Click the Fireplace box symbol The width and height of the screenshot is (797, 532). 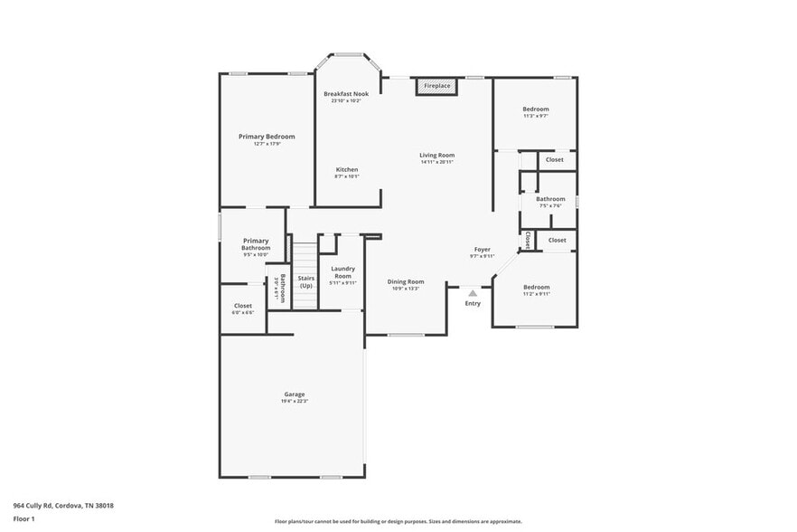pos(437,86)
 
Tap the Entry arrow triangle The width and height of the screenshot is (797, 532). pos(473,292)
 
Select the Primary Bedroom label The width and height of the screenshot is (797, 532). pos(267,137)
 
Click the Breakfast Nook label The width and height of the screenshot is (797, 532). pos(346,94)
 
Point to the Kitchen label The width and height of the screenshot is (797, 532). pos(347,170)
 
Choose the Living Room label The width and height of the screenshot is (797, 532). pos(436,156)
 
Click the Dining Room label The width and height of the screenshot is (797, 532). pos(406,282)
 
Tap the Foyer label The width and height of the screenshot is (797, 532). pos(483,250)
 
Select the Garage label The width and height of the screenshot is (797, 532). pos(295,394)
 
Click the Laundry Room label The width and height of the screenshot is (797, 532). pos(342,271)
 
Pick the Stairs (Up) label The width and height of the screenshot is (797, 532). pos(306,281)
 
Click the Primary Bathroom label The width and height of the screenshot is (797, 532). pos(256,244)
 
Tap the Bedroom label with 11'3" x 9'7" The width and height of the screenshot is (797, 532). pos(536,109)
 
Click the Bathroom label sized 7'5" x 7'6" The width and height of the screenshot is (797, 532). pos(550,199)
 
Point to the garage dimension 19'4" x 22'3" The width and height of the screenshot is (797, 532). pos(295,403)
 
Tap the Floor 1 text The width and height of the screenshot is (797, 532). pos(23,518)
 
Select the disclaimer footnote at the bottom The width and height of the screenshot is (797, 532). pos(398,521)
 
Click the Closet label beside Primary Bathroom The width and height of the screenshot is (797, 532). pos(243,306)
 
